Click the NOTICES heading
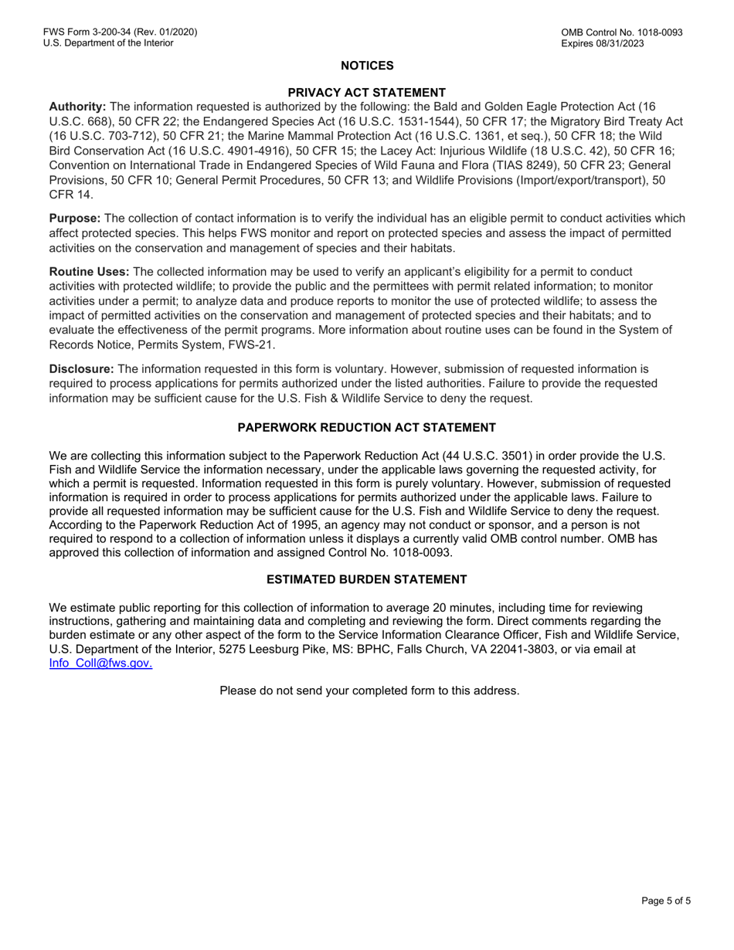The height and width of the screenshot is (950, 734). coord(367,66)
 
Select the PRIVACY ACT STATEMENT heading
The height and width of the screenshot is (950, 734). coord(367,92)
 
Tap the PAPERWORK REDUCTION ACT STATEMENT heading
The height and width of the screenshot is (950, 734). coord(367,427)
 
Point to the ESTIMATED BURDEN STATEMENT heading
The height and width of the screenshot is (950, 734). coord(367,579)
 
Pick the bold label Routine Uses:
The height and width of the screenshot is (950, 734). coord(90,272)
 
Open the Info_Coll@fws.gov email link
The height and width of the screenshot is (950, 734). coord(100,663)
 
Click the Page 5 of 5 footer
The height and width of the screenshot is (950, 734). coord(666,900)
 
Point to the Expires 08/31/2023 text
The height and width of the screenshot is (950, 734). coord(603,43)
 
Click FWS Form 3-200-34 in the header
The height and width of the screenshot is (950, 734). coord(93,32)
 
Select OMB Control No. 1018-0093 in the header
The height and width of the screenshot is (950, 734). coord(622,32)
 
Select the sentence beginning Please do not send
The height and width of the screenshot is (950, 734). coord(369,690)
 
